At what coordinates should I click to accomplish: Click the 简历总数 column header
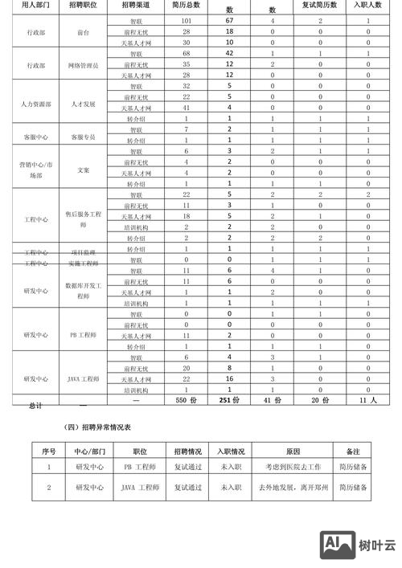(x=186, y=6)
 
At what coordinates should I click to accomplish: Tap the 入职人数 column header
(x=367, y=6)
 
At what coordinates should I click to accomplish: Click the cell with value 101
(x=186, y=20)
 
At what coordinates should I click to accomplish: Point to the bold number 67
(x=229, y=20)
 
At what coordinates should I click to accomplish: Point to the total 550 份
(x=186, y=399)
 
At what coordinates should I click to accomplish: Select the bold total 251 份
(x=229, y=399)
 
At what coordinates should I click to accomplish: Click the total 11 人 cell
(x=367, y=399)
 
